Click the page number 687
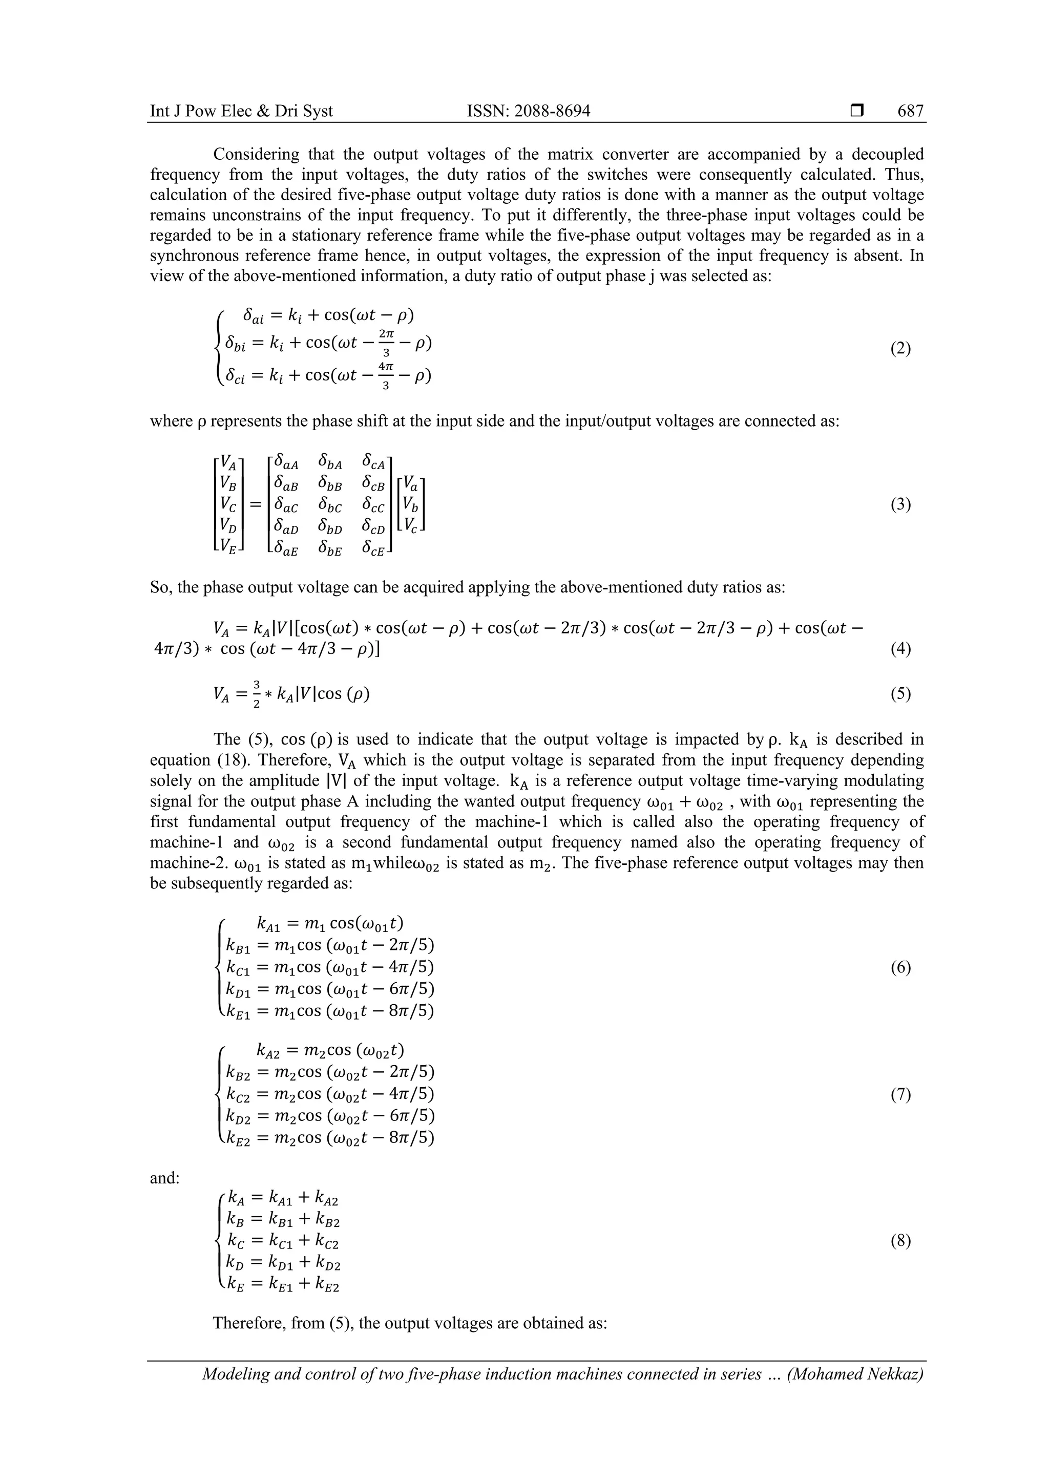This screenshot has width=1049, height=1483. tap(910, 111)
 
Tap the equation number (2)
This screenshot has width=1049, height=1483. tap(900, 349)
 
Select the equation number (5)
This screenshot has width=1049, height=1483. tap(900, 694)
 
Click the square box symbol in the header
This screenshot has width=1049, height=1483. tap(856, 111)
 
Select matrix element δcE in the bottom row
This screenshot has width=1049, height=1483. tap(373, 550)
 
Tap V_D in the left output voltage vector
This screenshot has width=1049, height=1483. tap(228, 528)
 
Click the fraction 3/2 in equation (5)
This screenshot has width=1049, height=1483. tap(257, 694)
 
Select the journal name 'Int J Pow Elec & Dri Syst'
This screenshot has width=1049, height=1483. tap(241, 111)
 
